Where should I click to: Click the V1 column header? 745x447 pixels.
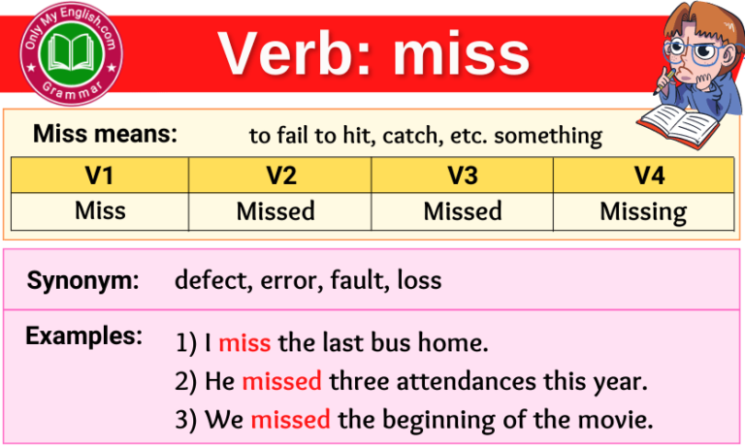pyautogui.click(x=100, y=176)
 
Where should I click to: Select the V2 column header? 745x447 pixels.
pyautogui.click(x=280, y=176)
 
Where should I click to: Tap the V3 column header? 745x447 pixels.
pyautogui.click(x=463, y=176)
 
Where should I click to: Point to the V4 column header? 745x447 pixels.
pyautogui.click(x=643, y=176)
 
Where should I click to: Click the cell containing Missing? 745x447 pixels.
pyautogui.click(x=643, y=210)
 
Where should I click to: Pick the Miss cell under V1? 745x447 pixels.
pyautogui.click(x=100, y=210)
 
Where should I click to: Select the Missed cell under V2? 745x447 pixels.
pyautogui.click(x=280, y=210)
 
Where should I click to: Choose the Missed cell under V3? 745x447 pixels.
pyautogui.click(x=463, y=210)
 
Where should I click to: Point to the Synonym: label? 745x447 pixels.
pyautogui.click(x=83, y=281)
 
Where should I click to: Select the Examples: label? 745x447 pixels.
pyautogui.click(x=83, y=336)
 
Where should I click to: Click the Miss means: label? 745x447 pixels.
pyautogui.click(x=106, y=135)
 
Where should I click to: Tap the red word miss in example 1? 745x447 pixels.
pyautogui.click(x=244, y=342)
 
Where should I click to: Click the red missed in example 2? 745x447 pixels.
pyautogui.click(x=281, y=381)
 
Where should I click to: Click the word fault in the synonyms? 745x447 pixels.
pyautogui.click(x=357, y=281)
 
